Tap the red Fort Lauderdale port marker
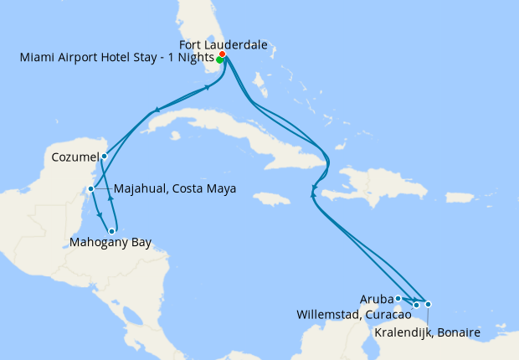tap(222, 55)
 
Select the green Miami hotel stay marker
tap(219, 60)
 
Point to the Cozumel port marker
tap(104, 156)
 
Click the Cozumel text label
tap(74, 156)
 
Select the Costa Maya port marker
tap(90, 188)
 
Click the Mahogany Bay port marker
tap(111, 231)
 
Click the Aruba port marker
tap(398, 298)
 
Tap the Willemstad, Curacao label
tap(353, 315)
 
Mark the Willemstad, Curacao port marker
tap(416, 305)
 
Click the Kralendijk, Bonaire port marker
tap(428, 304)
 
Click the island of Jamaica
tap(265, 199)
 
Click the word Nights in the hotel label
tap(194, 58)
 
